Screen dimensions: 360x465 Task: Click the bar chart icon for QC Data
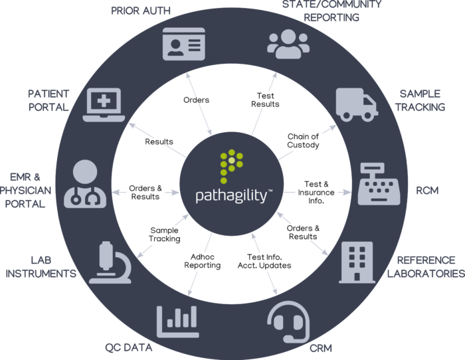click(x=178, y=321)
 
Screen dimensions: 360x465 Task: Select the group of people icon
click(x=288, y=43)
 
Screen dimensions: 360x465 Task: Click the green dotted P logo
click(x=232, y=166)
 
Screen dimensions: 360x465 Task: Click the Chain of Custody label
click(x=303, y=141)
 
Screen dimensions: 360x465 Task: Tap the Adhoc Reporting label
click(x=202, y=261)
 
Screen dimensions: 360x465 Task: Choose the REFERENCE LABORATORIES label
click(x=426, y=266)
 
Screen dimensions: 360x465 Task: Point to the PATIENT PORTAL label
click(x=48, y=101)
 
